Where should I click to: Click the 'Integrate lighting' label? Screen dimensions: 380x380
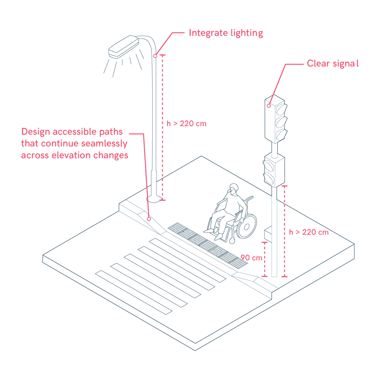coord(226,33)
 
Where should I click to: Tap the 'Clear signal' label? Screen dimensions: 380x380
coord(333,63)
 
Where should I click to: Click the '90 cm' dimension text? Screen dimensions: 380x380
coord(251,258)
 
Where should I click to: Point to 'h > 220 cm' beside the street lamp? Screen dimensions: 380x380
coord(186,124)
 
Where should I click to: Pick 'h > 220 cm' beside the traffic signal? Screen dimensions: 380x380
coord(309,232)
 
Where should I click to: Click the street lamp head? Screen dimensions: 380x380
coord(124,46)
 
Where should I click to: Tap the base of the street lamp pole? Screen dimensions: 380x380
coord(154,199)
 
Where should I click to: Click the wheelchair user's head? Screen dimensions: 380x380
coord(234,189)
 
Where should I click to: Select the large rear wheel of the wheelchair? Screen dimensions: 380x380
coord(246,226)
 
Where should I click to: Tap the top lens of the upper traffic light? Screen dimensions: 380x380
coord(281,109)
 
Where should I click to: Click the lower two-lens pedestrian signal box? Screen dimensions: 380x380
coord(274,170)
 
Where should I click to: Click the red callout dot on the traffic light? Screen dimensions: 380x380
coord(269,106)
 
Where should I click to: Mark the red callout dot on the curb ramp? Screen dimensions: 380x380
coord(149,219)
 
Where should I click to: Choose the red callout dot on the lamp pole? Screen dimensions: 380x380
coord(155,56)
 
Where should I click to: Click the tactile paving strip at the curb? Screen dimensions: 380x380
coord(208,245)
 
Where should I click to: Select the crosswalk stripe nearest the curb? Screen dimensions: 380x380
coord(187,260)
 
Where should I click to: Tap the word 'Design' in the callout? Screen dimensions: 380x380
coord(36,132)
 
